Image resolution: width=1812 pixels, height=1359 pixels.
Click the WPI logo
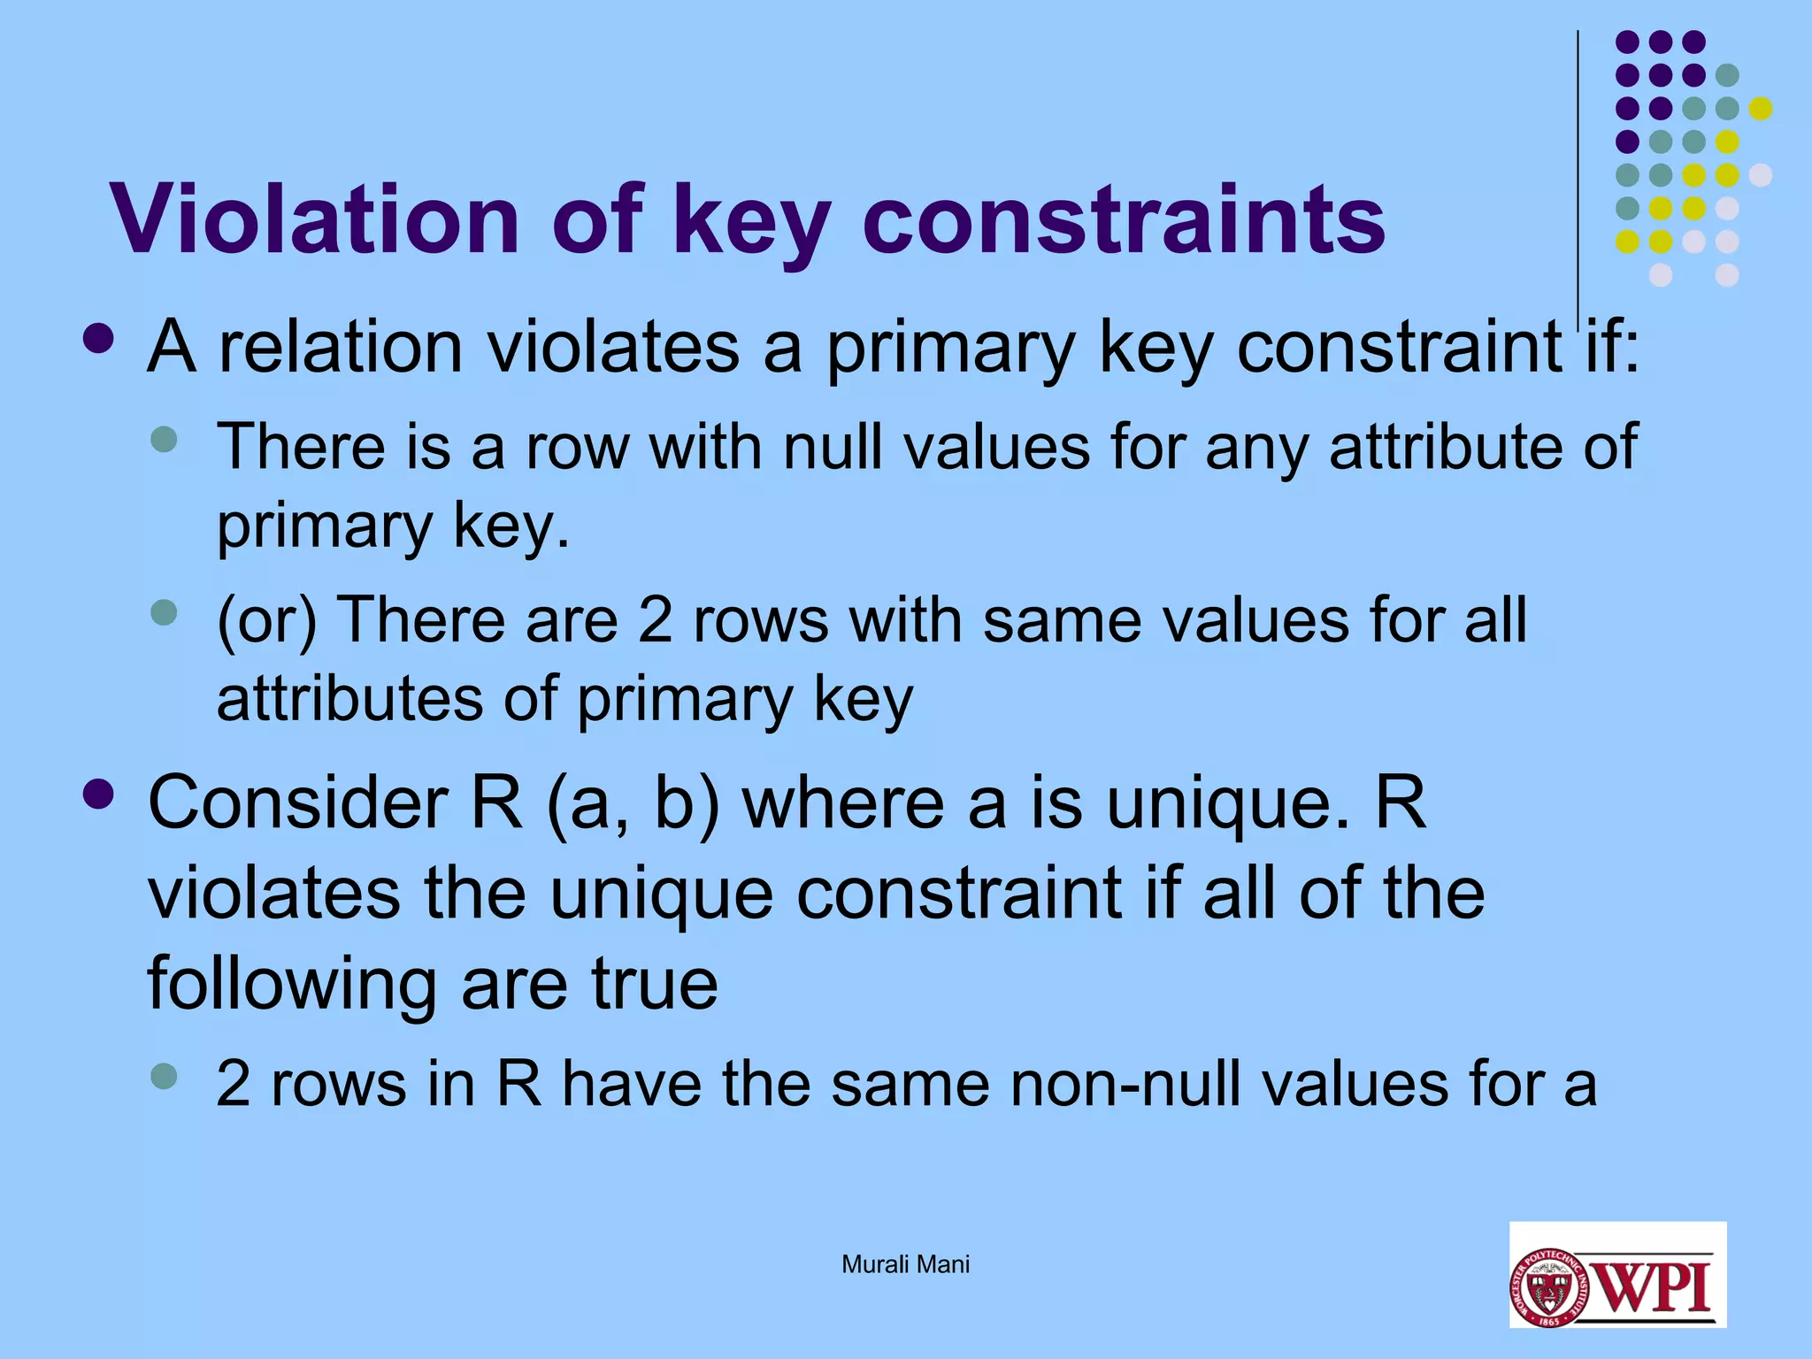1617,1274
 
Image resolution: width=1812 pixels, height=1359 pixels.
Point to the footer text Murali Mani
905,1264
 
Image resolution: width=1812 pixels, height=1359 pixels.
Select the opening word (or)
266,619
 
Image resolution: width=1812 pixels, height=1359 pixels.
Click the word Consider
298,802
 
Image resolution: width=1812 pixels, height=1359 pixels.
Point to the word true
654,983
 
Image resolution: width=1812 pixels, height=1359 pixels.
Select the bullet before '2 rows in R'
164,1076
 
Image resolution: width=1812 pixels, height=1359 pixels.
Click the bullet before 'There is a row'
164,438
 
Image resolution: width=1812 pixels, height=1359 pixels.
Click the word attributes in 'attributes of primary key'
349,699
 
